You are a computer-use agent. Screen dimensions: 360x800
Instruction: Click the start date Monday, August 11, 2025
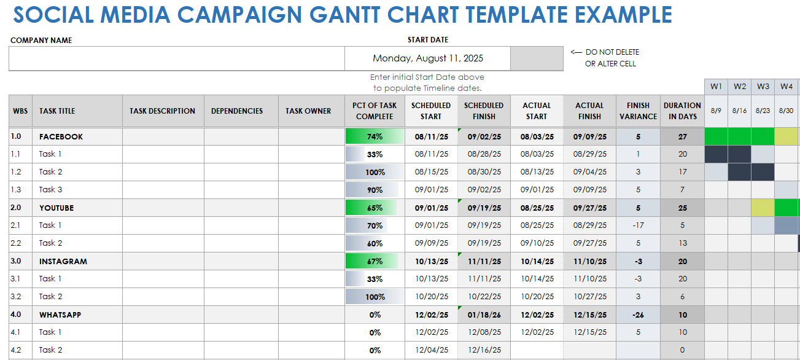[428, 59]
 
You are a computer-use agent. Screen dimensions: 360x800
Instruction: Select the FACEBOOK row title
[61, 136]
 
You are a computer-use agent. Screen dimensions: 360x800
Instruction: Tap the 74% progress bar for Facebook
[375, 136]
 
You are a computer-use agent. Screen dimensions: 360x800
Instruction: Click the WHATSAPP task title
[60, 315]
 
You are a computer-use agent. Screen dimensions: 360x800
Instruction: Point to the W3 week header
[763, 87]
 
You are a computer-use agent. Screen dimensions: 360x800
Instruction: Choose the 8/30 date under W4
[786, 111]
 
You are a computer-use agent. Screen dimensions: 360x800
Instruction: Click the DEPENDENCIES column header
[237, 111]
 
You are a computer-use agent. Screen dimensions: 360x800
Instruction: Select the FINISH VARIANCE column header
[638, 111]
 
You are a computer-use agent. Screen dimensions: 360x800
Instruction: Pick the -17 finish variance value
[638, 225]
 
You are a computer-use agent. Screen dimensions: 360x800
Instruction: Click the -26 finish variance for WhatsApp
[638, 315]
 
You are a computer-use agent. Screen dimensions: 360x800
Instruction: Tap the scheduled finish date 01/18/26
[484, 315]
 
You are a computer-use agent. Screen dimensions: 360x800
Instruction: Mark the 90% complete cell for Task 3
[375, 190]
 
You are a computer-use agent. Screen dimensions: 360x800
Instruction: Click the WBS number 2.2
[16, 243]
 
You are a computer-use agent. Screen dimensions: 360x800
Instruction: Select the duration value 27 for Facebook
[682, 136]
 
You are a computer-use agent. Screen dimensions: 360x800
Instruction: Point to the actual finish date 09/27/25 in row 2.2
[589, 243]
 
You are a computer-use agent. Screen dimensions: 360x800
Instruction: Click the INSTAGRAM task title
[63, 261]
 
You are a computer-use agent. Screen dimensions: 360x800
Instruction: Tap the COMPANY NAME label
[41, 41]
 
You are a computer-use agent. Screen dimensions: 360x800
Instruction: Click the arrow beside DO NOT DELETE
[576, 52]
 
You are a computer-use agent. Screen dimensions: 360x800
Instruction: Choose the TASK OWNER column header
[308, 111]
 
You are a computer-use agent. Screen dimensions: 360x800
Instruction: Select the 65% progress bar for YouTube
[375, 208]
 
